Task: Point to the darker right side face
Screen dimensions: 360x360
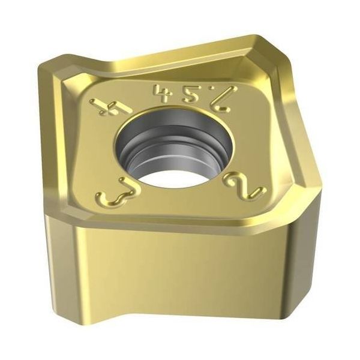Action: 312,252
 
